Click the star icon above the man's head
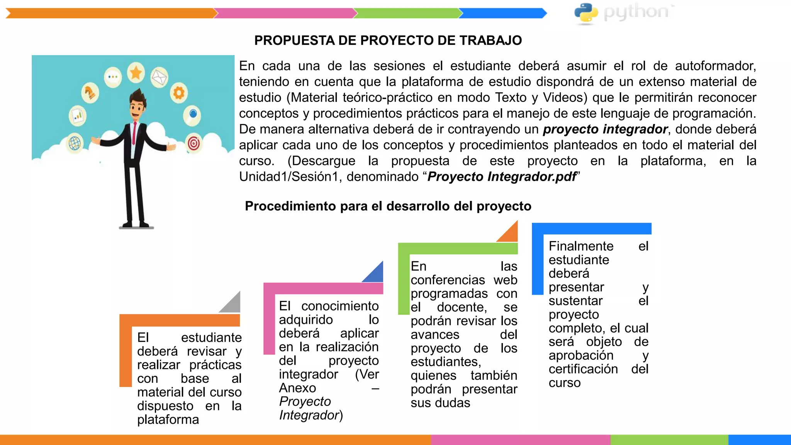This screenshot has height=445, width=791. [x=136, y=72]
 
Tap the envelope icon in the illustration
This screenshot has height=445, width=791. [x=159, y=77]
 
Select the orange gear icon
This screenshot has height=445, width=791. [x=178, y=93]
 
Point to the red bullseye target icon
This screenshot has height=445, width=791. [x=194, y=143]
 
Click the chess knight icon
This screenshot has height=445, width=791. [x=90, y=93]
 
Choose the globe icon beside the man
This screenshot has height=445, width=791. [x=75, y=143]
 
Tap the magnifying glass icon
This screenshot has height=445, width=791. [x=192, y=114]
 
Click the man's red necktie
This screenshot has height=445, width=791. [x=134, y=133]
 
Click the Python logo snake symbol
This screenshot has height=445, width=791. [x=586, y=13]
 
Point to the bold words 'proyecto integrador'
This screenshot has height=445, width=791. [x=605, y=129]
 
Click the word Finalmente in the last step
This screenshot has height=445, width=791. [x=581, y=246]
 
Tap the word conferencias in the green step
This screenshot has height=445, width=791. [x=448, y=280]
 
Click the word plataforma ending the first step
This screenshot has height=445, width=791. [x=168, y=420]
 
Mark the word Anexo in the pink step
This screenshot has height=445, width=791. [x=297, y=388]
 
